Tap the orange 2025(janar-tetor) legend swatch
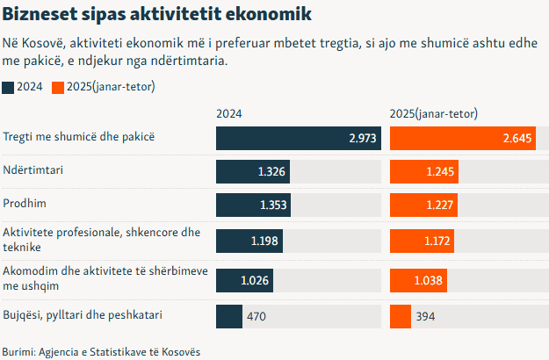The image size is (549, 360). tap(58, 87)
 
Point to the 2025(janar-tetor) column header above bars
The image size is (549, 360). tap(433, 114)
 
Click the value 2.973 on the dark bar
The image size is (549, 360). tap(363, 139)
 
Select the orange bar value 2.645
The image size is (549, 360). tap(518, 139)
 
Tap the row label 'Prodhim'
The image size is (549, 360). tap(24, 204)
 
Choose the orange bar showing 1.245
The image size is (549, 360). tap(423, 171)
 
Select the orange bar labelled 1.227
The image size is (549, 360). tap(423, 205)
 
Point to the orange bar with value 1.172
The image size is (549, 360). tap(421, 241)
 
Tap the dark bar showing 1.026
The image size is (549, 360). tap(245, 280)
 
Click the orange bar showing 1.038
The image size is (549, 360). tap(418, 280)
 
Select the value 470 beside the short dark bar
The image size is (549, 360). tap(256, 316)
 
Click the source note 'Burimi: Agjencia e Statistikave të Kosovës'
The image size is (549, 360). tap(101, 351)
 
